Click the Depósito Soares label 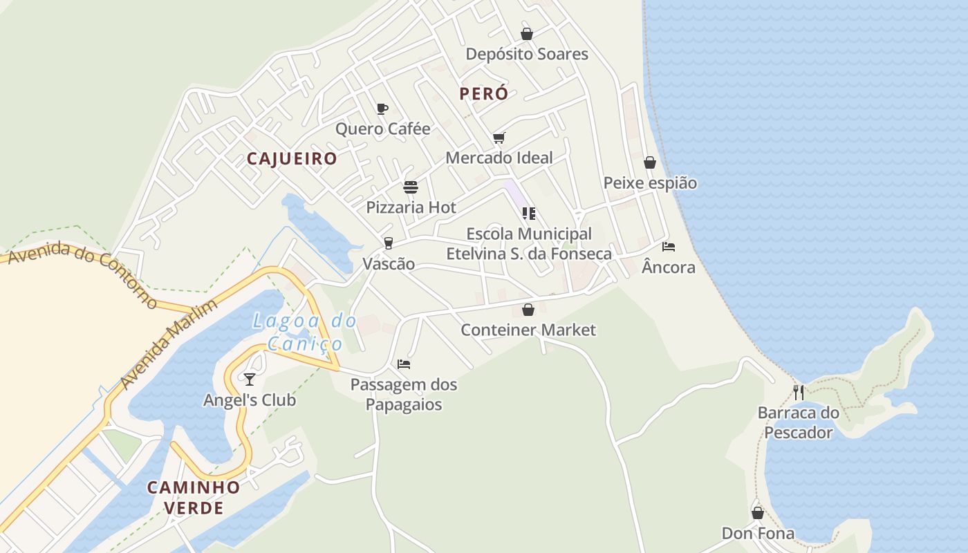point(527,54)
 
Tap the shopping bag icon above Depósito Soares point(527,34)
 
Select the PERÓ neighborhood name point(483,94)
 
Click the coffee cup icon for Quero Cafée point(382,109)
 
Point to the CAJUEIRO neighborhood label point(292,159)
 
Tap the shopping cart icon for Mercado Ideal point(499,138)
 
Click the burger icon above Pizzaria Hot point(411,187)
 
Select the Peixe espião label point(650,183)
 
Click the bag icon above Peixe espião point(650,162)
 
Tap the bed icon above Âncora point(669,246)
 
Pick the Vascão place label point(389,263)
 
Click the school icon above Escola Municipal point(529,214)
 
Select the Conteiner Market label point(528,330)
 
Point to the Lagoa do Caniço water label point(304,332)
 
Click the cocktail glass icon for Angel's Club point(250,379)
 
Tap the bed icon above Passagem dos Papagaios point(404,364)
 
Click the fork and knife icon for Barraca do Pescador point(799,393)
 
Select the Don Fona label point(758,533)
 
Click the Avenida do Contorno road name point(80,274)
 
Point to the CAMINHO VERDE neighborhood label point(194,497)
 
